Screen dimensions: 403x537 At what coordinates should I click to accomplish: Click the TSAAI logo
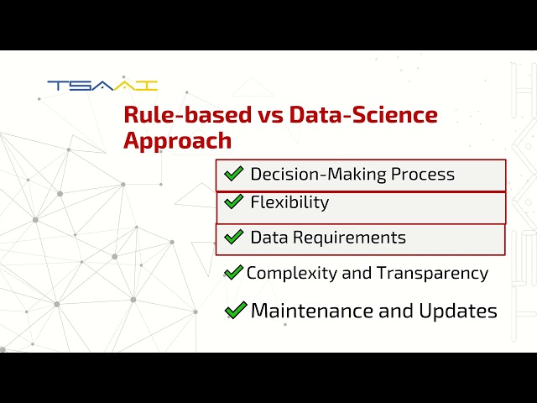point(102,85)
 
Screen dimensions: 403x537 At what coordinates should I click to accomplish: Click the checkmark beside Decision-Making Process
point(232,175)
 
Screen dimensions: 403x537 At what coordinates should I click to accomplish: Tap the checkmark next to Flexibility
point(232,202)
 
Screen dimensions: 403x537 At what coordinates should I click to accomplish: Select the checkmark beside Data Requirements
point(233,238)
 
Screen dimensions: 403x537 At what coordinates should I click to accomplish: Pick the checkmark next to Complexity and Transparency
point(233,273)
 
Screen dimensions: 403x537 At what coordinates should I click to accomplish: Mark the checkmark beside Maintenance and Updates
point(236,311)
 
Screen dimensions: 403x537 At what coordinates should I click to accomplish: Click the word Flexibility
point(289,202)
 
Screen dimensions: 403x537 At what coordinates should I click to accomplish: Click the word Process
point(422,175)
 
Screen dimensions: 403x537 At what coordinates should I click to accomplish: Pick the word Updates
point(458,311)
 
